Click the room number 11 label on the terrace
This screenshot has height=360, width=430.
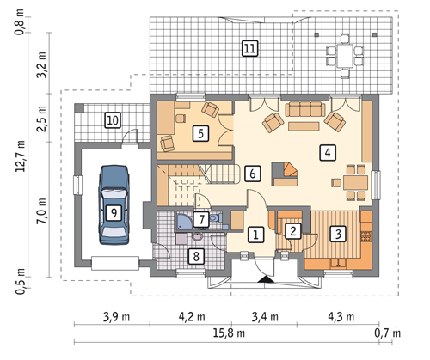coord(249,48)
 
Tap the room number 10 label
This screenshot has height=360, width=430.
coord(113,120)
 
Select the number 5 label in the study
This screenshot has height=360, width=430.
coord(200,133)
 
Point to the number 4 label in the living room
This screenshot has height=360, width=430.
coord(328,153)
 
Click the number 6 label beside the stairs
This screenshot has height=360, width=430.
coord(253,174)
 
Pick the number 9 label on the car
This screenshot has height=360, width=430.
coord(114,213)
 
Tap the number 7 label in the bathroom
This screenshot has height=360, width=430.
coord(201,220)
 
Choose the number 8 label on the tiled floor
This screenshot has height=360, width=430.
coord(196,256)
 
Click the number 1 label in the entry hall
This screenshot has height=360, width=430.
coord(255,235)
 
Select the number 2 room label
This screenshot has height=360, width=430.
coord(292,231)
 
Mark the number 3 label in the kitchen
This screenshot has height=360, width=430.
coord(338,234)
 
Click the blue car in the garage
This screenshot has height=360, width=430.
coord(114,204)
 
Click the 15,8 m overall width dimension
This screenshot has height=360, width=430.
coord(229,333)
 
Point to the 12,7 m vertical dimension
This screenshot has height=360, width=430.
coord(21,156)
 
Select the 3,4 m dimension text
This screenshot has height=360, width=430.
coord(265,317)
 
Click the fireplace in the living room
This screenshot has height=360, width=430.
coord(285,174)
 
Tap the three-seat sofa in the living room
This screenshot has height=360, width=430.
coord(305,110)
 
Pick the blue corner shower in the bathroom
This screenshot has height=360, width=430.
coord(185,222)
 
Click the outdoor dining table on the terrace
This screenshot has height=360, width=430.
coord(345,55)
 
